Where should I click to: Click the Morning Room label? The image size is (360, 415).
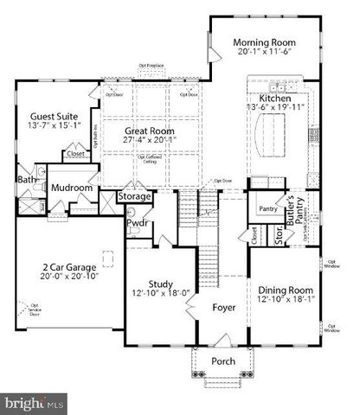pos(265,42)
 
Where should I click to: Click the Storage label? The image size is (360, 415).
pos(135,197)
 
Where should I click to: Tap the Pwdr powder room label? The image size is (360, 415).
pos(137,223)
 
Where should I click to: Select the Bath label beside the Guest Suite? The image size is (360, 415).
pos(26,181)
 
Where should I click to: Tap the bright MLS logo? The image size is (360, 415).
pos(32,402)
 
